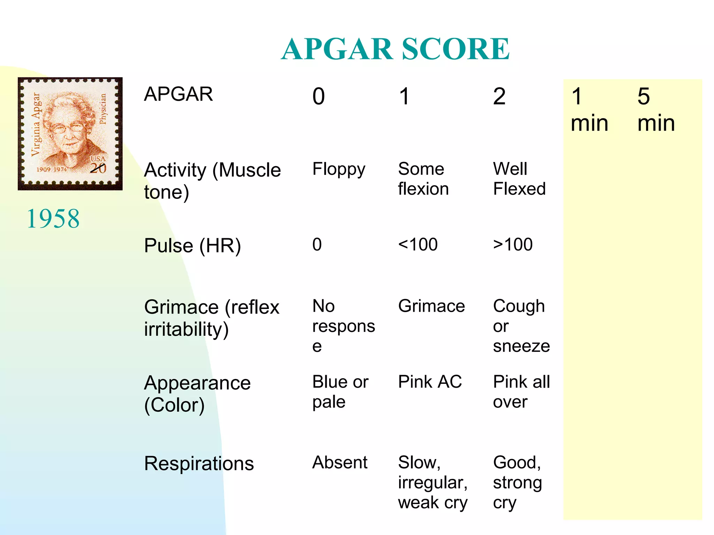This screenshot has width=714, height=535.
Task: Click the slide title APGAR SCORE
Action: click(x=395, y=49)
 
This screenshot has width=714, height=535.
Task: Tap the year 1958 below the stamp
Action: click(x=53, y=219)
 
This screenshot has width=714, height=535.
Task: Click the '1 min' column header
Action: click(x=589, y=110)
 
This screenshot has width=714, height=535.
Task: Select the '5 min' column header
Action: click(x=656, y=110)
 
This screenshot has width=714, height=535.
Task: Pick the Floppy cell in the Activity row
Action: click(x=339, y=170)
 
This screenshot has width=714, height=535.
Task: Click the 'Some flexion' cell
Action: click(x=423, y=179)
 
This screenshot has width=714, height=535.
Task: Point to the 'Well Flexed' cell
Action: click(x=519, y=179)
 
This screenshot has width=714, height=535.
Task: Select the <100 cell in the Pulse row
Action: click(x=418, y=245)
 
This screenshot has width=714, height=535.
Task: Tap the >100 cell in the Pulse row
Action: click(x=512, y=245)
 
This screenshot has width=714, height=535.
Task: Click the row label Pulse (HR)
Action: click(x=192, y=246)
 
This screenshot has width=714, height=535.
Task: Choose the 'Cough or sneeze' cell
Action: click(x=521, y=326)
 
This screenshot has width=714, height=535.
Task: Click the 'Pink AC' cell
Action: click(x=430, y=382)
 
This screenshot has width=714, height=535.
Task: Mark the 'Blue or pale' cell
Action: click(x=340, y=392)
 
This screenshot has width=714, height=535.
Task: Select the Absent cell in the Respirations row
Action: click(x=340, y=463)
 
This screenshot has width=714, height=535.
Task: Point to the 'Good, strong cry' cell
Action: click(x=517, y=482)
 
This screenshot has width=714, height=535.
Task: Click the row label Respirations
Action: click(x=199, y=464)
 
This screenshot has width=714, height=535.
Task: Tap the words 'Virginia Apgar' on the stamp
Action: click(x=36, y=124)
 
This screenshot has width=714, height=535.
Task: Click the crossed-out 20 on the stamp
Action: click(x=98, y=168)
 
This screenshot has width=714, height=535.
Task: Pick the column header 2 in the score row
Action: click(x=499, y=96)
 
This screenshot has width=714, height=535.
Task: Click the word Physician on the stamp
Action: click(x=103, y=109)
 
